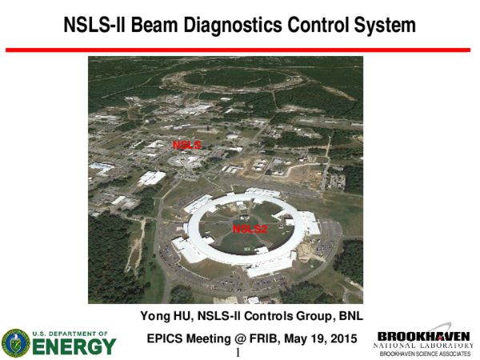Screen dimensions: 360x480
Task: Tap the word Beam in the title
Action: tap(151, 26)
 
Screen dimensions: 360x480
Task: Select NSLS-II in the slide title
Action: tap(93, 26)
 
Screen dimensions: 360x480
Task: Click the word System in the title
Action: tap(382, 26)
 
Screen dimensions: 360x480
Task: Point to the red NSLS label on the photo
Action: tap(186, 145)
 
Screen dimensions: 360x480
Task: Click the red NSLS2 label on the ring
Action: tap(250, 229)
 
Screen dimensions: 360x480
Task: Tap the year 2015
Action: tap(341, 339)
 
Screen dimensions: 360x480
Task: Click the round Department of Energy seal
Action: tap(16, 342)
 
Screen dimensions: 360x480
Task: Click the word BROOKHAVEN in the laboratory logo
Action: tap(423, 336)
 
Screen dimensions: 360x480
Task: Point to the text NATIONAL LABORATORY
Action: tap(424, 345)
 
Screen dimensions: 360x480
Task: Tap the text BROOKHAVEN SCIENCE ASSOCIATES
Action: tap(424, 353)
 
